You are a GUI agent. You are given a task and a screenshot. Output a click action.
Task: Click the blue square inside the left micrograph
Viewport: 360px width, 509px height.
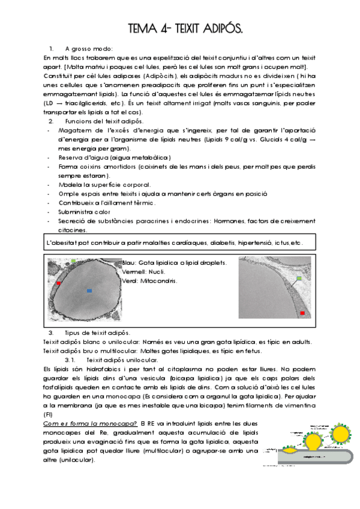point(89,291)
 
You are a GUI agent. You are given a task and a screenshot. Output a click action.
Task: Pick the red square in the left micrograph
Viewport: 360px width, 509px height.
point(59,283)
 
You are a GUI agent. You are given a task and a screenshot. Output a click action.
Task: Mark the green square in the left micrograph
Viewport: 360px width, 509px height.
point(73,262)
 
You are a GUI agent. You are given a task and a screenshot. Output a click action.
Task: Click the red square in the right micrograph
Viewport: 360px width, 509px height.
point(302,313)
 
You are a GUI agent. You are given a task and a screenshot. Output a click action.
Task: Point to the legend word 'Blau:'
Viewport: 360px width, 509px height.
point(129,264)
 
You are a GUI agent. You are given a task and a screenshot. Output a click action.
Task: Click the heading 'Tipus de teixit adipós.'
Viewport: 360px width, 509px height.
point(97,333)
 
